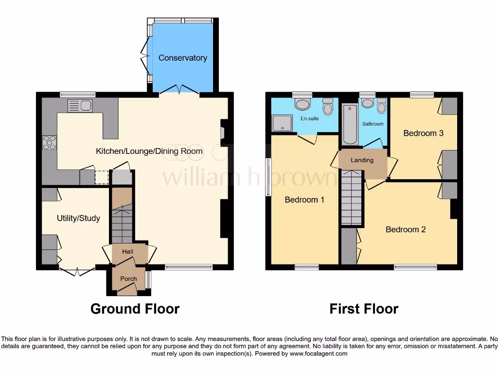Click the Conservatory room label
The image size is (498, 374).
[x=182, y=58]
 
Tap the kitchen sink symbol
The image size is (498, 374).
[x=80, y=105]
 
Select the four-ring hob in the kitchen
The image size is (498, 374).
[x=50, y=142]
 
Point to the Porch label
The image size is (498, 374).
[x=129, y=279]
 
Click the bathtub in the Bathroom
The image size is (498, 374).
[x=350, y=124]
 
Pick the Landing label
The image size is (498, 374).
[x=362, y=160]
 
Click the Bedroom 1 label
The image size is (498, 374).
[x=304, y=200]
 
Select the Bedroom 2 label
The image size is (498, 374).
[x=406, y=229]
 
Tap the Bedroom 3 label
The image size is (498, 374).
[x=423, y=133]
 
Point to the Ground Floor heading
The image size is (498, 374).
[x=135, y=309]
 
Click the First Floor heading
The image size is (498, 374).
[x=364, y=309]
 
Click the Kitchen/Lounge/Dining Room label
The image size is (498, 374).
[x=149, y=151]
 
